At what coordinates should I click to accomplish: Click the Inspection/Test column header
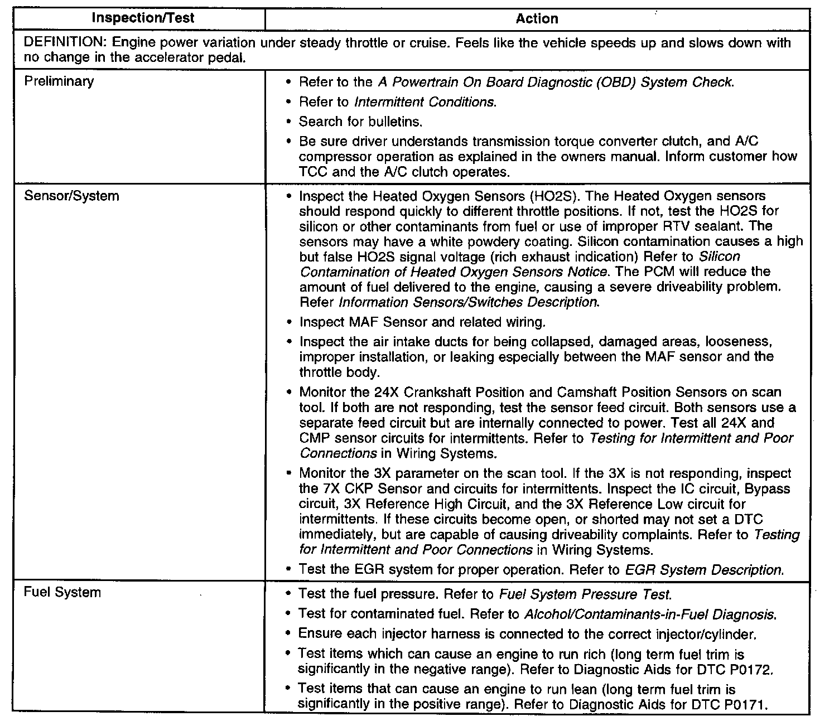[x=143, y=18]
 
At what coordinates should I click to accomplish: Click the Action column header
[x=537, y=19]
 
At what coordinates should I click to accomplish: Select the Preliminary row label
[x=59, y=81]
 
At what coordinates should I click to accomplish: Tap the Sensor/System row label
[x=71, y=196]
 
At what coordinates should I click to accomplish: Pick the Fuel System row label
[x=62, y=592]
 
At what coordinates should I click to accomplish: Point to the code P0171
[x=745, y=704]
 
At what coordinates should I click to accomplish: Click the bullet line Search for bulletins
[x=360, y=122]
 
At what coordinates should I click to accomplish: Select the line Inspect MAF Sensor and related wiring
[x=422, y=322]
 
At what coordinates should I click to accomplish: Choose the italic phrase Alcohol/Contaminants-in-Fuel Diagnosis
[x=650, y=614]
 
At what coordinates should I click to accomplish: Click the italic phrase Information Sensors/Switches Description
[x=469, y=302]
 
